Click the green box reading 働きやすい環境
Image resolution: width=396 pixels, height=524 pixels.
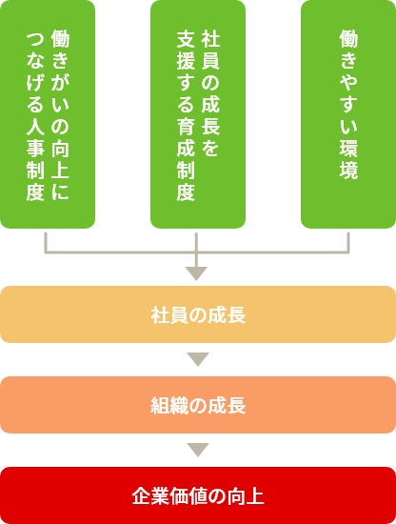[x=348, y=114]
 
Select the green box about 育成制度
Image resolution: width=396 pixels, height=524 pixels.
[x=198, y=114]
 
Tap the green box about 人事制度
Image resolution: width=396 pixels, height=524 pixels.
[x=48, y=114]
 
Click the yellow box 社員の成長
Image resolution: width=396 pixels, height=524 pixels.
[x=198, y=314]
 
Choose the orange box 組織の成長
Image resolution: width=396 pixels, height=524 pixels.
[x=198, y=405]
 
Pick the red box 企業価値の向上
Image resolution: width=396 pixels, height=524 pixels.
[x=198, y=495]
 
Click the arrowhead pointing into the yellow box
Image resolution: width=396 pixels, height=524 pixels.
[x=196, y=273]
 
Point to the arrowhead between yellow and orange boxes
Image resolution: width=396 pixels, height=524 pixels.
[x=198, y=359]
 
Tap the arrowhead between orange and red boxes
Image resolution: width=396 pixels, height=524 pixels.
[x=198, y=450]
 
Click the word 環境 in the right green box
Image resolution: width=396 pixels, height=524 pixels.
[x=348, y=159]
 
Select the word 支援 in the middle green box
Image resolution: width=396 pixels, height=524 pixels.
[x=186, y=50]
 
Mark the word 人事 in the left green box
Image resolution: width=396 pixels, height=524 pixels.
[x=35, y=137]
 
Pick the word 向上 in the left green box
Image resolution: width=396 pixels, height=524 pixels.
[x=60, y=159]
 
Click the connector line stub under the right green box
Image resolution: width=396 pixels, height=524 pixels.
[x=348, y=242]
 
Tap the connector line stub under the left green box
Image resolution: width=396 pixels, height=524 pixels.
[x=46, y=242]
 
